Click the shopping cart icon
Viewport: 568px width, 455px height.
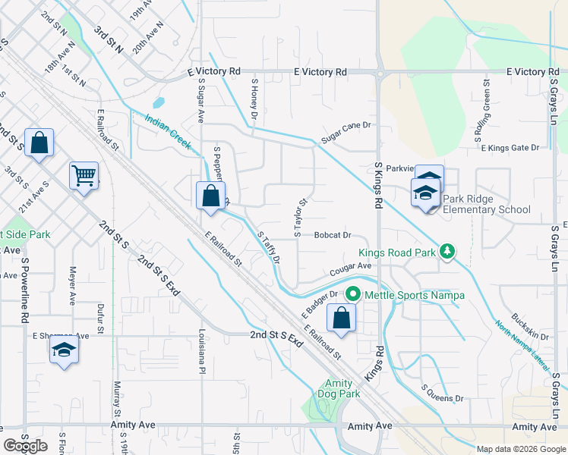pyautogui.click(x=84, y=175)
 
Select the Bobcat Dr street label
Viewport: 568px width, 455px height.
pyautogui.click(x=331, y=236)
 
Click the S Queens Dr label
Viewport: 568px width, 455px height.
pyautogui.click(x=442, y=393)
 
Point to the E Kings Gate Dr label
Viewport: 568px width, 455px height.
pyautogui.click(x=510, y=148)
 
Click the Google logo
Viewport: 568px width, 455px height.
pyautogui.click(x=25, y=445)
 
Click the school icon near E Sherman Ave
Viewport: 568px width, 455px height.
pyautogui.click(x=64, y=350)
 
